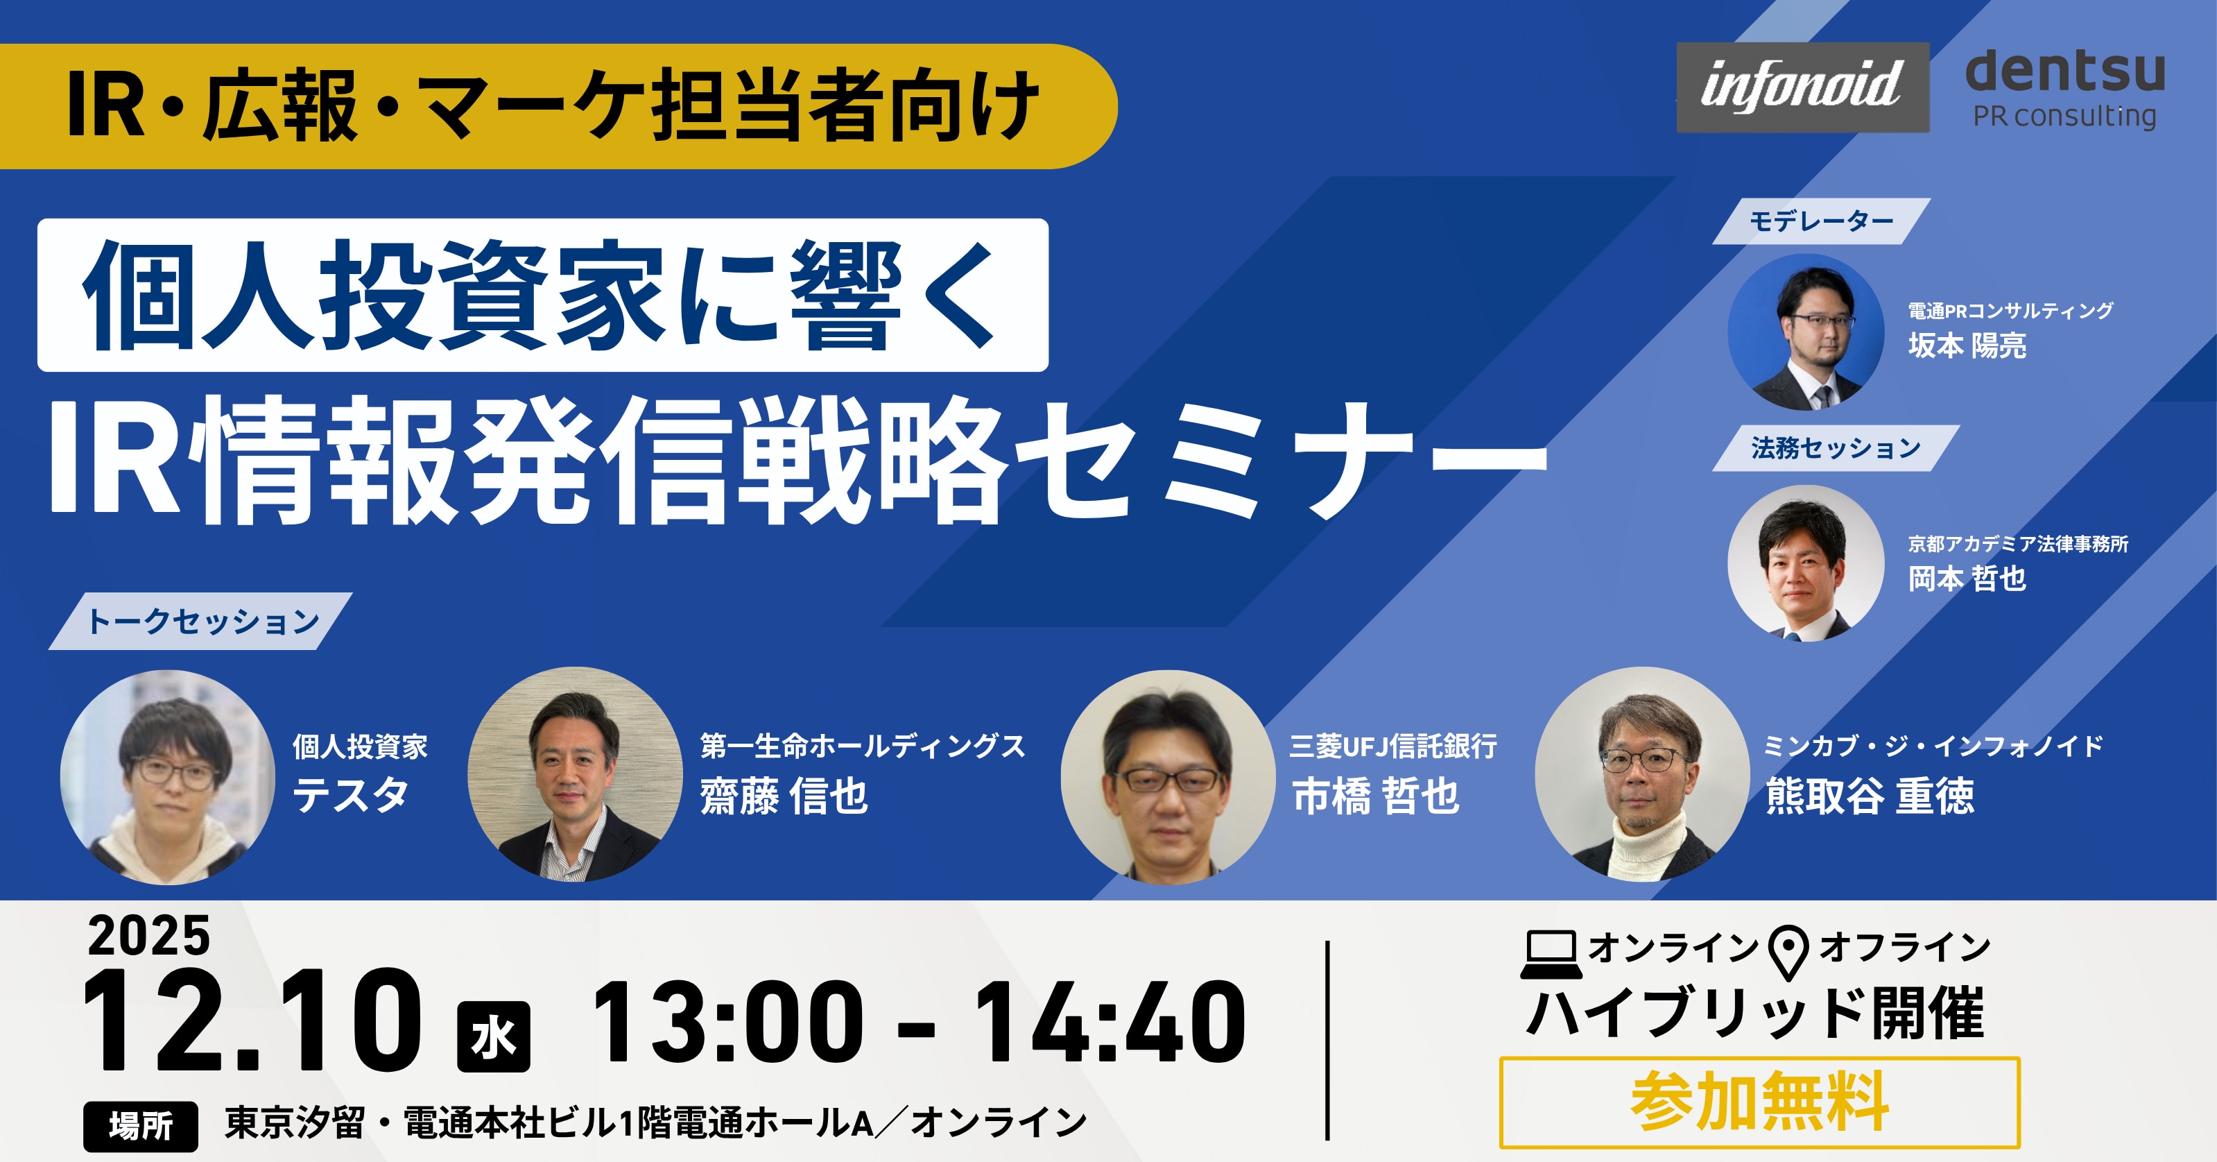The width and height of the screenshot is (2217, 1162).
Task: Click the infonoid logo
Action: pos(1802,87)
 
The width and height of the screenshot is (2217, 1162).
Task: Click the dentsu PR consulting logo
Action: pos(2064,88)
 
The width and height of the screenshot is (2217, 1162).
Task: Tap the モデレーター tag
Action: pos(1821,221)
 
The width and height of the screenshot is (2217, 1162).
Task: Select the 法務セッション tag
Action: pos(1836,447)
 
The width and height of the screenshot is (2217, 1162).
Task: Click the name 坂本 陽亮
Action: pos(1967,345)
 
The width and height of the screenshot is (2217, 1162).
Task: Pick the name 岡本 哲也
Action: pos(1967,579)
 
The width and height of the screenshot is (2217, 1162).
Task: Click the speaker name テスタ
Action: pos(350,794)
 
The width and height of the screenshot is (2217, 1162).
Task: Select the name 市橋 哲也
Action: pos(1375,795)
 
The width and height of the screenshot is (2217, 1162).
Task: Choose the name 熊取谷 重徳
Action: pos(1870,795)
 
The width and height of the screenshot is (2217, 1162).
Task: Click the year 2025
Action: pos(149,936)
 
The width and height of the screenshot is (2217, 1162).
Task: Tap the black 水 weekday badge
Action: pos(493,1036)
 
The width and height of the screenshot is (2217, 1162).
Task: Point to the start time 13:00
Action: pos(728,1023)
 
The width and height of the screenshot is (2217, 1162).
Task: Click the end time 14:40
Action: pos(1110,1023)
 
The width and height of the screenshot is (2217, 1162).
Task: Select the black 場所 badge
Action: pos(140,1126)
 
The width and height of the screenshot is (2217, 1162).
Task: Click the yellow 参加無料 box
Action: pos(1759,1102)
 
